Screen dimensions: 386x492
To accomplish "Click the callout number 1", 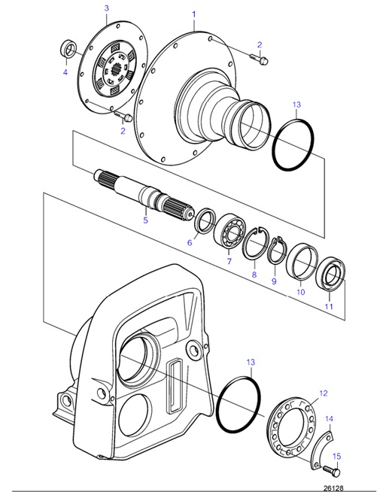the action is [194, 14].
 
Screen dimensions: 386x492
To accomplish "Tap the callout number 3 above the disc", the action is [107, 8].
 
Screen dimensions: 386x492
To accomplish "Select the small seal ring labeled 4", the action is [68, 49].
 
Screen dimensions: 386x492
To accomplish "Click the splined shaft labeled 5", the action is [144, 195].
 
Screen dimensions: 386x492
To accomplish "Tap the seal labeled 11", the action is [330, 272].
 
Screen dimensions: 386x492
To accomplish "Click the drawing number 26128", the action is [333, 488].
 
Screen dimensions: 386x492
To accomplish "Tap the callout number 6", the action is [190, 242].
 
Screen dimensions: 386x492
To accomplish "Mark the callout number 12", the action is [324, 393].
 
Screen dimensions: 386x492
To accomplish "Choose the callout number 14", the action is [329, 419].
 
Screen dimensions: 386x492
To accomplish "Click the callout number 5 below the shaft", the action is [145, 220].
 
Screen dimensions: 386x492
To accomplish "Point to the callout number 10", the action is [301, 292].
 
